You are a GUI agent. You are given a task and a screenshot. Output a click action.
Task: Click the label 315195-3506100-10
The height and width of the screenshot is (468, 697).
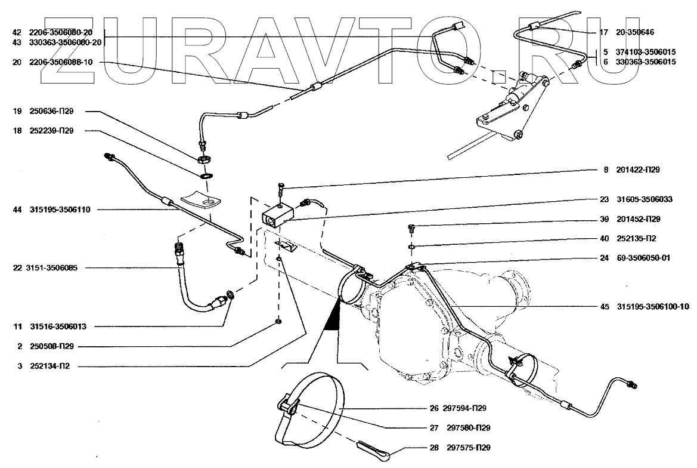pyautogui.click(x=655, y=307)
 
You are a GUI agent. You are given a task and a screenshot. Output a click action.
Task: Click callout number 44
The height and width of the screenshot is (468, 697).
pyautogui.click(x=16, y=210)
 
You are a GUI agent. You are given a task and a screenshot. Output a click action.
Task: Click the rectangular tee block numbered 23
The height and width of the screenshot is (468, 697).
pyautogui.click(x=277, y=214)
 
